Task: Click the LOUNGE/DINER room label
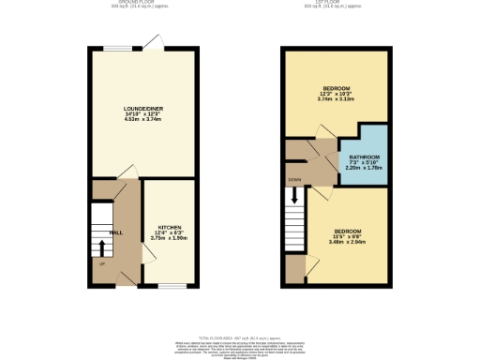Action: click(143, 110)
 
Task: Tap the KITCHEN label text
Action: click(170, 227)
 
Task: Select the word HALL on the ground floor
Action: click(116, 232)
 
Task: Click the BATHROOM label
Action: click(364, 157)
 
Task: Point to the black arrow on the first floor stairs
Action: click(295, 197)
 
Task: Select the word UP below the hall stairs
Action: click(101, 263)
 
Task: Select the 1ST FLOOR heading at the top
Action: click(335, 3)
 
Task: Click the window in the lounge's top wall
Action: click(116, 48)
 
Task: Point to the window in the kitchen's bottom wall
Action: click(170, 284)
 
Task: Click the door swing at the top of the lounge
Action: click(153, 41)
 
